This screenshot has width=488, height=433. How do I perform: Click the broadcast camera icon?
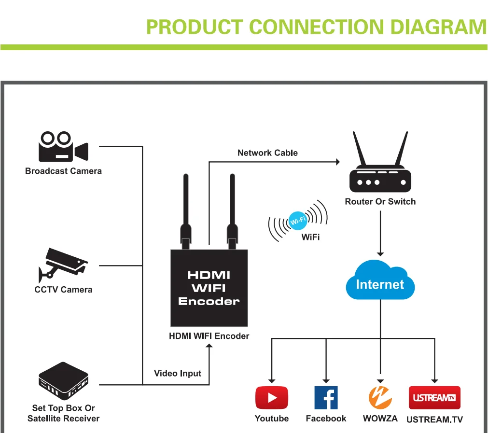[63, 147]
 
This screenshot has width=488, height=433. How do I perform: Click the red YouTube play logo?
[271, 398]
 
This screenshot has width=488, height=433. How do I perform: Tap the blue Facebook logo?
[326, 398]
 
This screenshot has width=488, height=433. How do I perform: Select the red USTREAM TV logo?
[434, 398]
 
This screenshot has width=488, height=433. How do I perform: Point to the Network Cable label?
[267, 153]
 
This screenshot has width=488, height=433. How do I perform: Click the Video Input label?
[178, 373]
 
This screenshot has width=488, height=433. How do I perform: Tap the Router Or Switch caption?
[380, 202]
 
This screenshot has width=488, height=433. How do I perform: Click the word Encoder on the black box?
[209, 302]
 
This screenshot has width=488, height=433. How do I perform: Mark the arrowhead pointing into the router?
[337, 163]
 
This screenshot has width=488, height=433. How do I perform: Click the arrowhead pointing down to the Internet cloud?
[380, 253]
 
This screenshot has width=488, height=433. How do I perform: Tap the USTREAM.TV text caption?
[434, 419]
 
